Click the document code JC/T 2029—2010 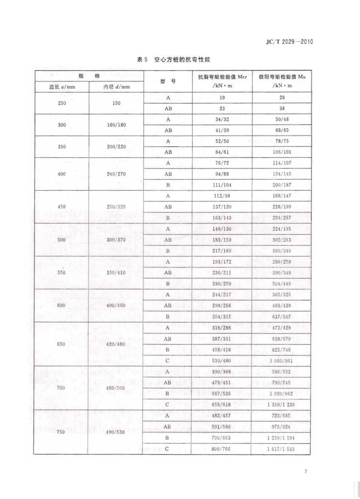(x=289, y=42)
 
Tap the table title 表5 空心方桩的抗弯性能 (x=173, y=60)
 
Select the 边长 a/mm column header (x=62, y=87)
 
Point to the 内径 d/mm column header (x=116, y=87)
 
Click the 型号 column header (x=168, y=81)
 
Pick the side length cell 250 (x=62, y=103)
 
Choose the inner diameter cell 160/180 (x=116, y=125)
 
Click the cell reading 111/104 (x=222, y=185)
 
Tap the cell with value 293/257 (x=282, y=218)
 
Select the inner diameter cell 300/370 (x=116, y=240)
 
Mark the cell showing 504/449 (x=281, y=284)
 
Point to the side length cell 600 (x=61, y=305)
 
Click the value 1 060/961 (x=281, y=361)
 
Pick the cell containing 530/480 (x=221, y=361)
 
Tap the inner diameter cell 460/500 (x=115, y=388)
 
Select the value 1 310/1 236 (x=281, y=405)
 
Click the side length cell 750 (x=61, y=432)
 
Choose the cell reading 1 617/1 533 (x=281, y=449)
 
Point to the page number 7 (x=306, y=471)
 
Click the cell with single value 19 (x=222, y=98)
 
